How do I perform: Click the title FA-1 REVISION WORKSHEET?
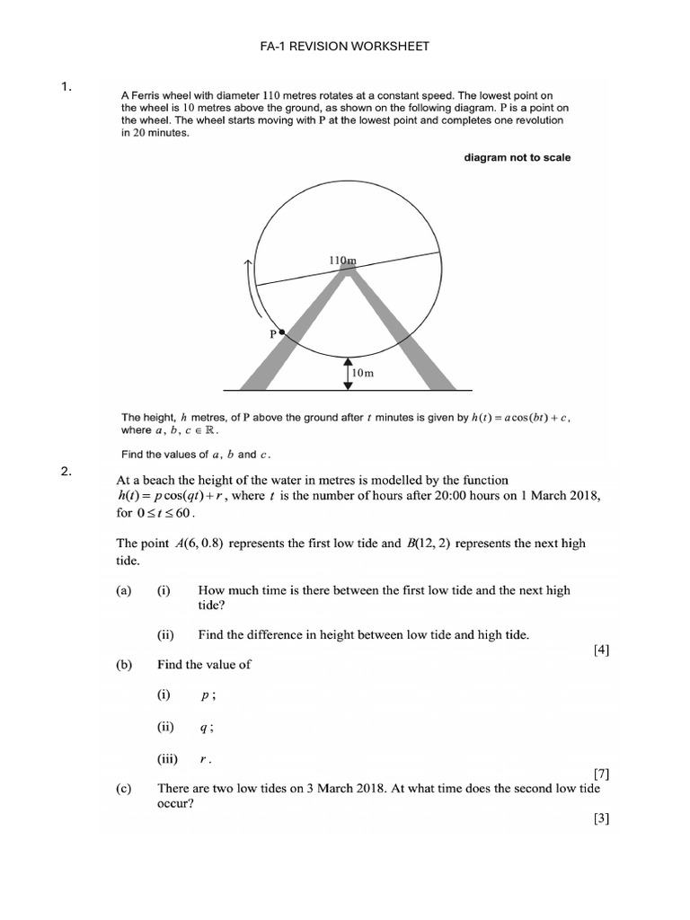click(x=345, y=46)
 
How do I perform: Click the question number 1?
click(x=66, y=87)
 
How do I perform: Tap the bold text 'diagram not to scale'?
click(x=517, y=157)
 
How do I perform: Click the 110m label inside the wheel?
click(x=342, y=261)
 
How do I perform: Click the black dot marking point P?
click(x=281, y=332)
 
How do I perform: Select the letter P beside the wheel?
click(x=270, y=333)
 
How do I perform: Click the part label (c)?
click(x=124, y=789)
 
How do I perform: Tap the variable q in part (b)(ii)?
click(x=209, y=727)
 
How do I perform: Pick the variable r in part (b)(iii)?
click(x=206, y=759)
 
